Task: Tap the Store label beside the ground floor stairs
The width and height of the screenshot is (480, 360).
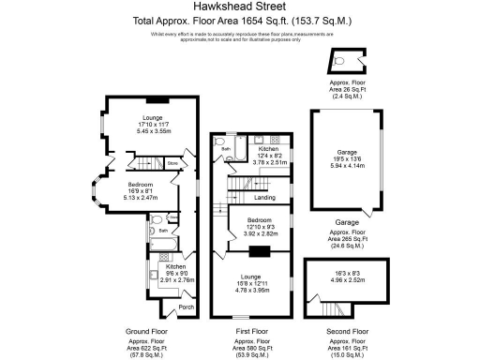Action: [172, 164]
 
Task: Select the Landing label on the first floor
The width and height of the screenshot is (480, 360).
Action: [265, 197]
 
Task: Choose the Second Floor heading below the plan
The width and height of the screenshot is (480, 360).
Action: [347, 331]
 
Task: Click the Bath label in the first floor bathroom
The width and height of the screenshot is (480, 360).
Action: [225, 149]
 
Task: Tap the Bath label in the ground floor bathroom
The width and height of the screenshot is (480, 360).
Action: [162, 230]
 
